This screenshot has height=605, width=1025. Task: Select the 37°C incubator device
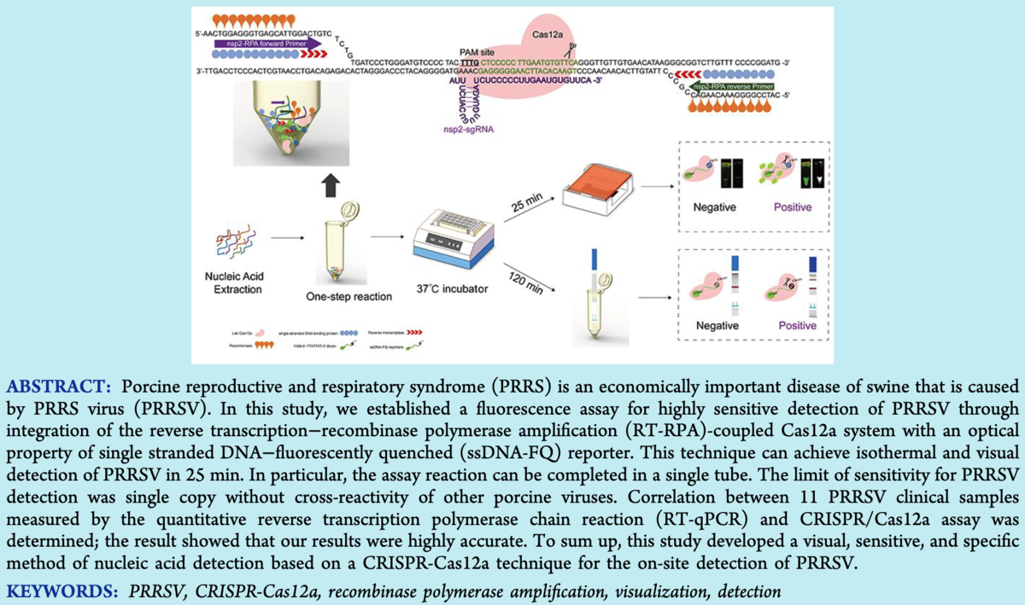(451, 242)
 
